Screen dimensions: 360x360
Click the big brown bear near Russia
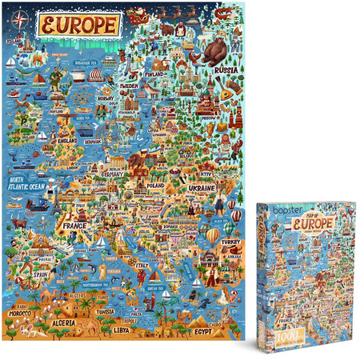tap(214, 53)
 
